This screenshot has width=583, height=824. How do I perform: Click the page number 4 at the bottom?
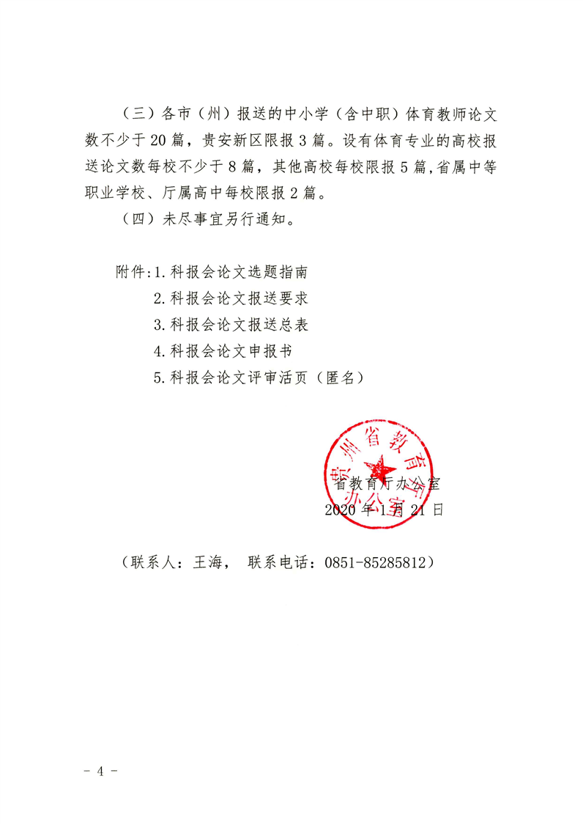[103, 772]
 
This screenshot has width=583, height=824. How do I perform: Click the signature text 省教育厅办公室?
[387, 484]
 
